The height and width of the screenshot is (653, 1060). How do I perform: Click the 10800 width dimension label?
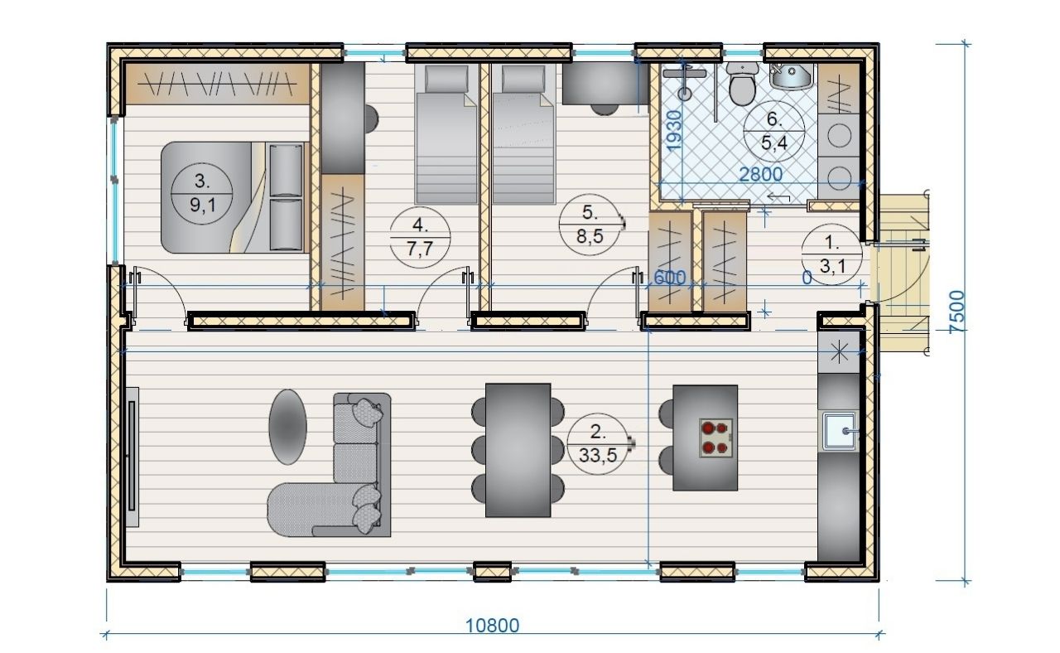[492, 626]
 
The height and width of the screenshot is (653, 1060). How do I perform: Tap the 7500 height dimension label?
[956, 312]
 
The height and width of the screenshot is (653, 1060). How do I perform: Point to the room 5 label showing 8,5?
[590, 225]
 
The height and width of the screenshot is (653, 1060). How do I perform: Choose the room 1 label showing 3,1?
[831, 254]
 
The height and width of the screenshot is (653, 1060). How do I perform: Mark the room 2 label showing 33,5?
[598, 443]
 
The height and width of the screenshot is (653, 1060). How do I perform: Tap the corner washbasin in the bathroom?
[791, 75]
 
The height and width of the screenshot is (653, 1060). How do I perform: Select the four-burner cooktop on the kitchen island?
[716, 438]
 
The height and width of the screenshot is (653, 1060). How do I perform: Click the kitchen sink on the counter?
[839, 430]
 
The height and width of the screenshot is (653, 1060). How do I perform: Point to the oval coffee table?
[287, 427]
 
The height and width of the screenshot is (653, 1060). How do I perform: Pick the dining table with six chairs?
[518, 450]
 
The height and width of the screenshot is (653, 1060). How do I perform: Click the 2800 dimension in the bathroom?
[761, 174]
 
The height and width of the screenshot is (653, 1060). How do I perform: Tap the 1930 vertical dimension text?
[674, 130]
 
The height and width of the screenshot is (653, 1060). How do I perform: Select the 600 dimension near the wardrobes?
[669, 278]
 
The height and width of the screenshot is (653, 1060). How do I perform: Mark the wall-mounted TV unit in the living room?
[132, 457]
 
